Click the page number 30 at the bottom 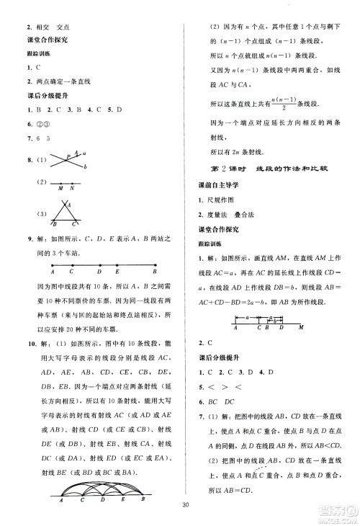pyautogui.click(x=185, y=504)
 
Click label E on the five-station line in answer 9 pyautogui.click(x=118, y=272)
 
